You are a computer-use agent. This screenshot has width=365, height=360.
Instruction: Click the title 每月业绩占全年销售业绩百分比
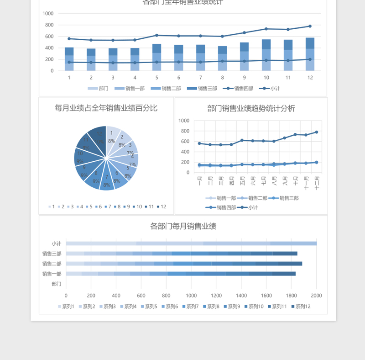(106, 108)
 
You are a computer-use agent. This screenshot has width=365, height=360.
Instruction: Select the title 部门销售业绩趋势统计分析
(251, 108)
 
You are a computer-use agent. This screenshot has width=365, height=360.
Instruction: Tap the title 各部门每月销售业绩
(183, 226)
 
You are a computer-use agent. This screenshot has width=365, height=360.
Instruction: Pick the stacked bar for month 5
(156, 58)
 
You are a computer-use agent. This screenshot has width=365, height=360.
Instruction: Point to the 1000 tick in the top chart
(48, 13)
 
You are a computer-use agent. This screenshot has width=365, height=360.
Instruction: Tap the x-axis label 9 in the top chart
(244, 78)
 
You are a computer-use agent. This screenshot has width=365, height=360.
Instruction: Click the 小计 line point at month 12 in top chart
(310, 26)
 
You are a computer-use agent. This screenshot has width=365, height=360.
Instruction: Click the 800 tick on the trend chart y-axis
(184, 131)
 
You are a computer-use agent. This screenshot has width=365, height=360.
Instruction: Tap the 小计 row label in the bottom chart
(56, 244)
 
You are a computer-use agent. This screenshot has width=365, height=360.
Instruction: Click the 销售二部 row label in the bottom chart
(52, 264)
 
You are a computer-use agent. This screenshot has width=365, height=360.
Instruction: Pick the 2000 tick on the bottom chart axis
(316, 296)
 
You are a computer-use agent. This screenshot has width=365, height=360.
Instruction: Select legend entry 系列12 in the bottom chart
(302, 307)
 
